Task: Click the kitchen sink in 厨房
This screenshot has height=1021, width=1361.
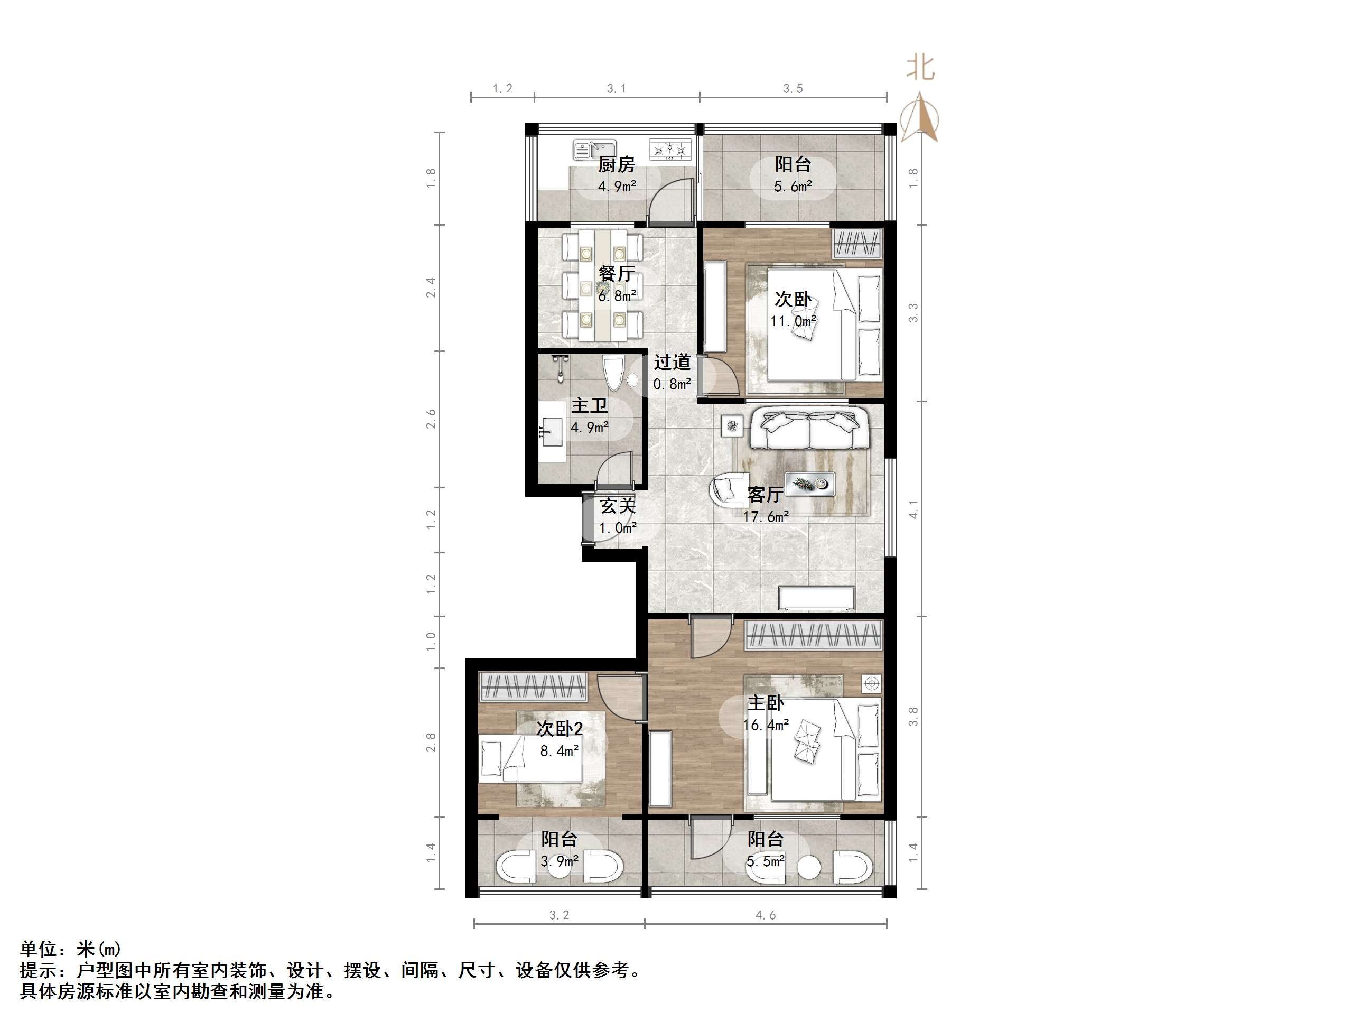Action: tap(594, 149)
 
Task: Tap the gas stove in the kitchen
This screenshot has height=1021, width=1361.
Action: tap(670, 149)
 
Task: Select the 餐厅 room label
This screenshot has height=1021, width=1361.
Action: tap(617, 273)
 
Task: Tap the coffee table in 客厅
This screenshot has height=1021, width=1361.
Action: tap(810, 484)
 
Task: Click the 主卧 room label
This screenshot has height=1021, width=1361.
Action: tap(766, 703)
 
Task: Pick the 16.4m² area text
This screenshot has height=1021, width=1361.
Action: tap(766, 725)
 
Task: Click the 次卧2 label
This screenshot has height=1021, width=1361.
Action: tap(560, 729)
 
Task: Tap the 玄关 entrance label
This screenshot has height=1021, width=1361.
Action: tap(618, 506)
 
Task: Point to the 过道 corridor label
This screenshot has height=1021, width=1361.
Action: tap(672, 363)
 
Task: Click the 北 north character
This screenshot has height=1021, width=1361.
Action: tap(920, 68)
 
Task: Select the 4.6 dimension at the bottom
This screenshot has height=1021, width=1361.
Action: tap(766, 916)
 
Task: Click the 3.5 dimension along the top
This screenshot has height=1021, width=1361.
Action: tap(793, 89)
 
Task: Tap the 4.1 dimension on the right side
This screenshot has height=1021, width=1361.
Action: tap(913, 509)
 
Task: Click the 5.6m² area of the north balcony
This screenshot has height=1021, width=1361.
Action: tap(793, 187)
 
